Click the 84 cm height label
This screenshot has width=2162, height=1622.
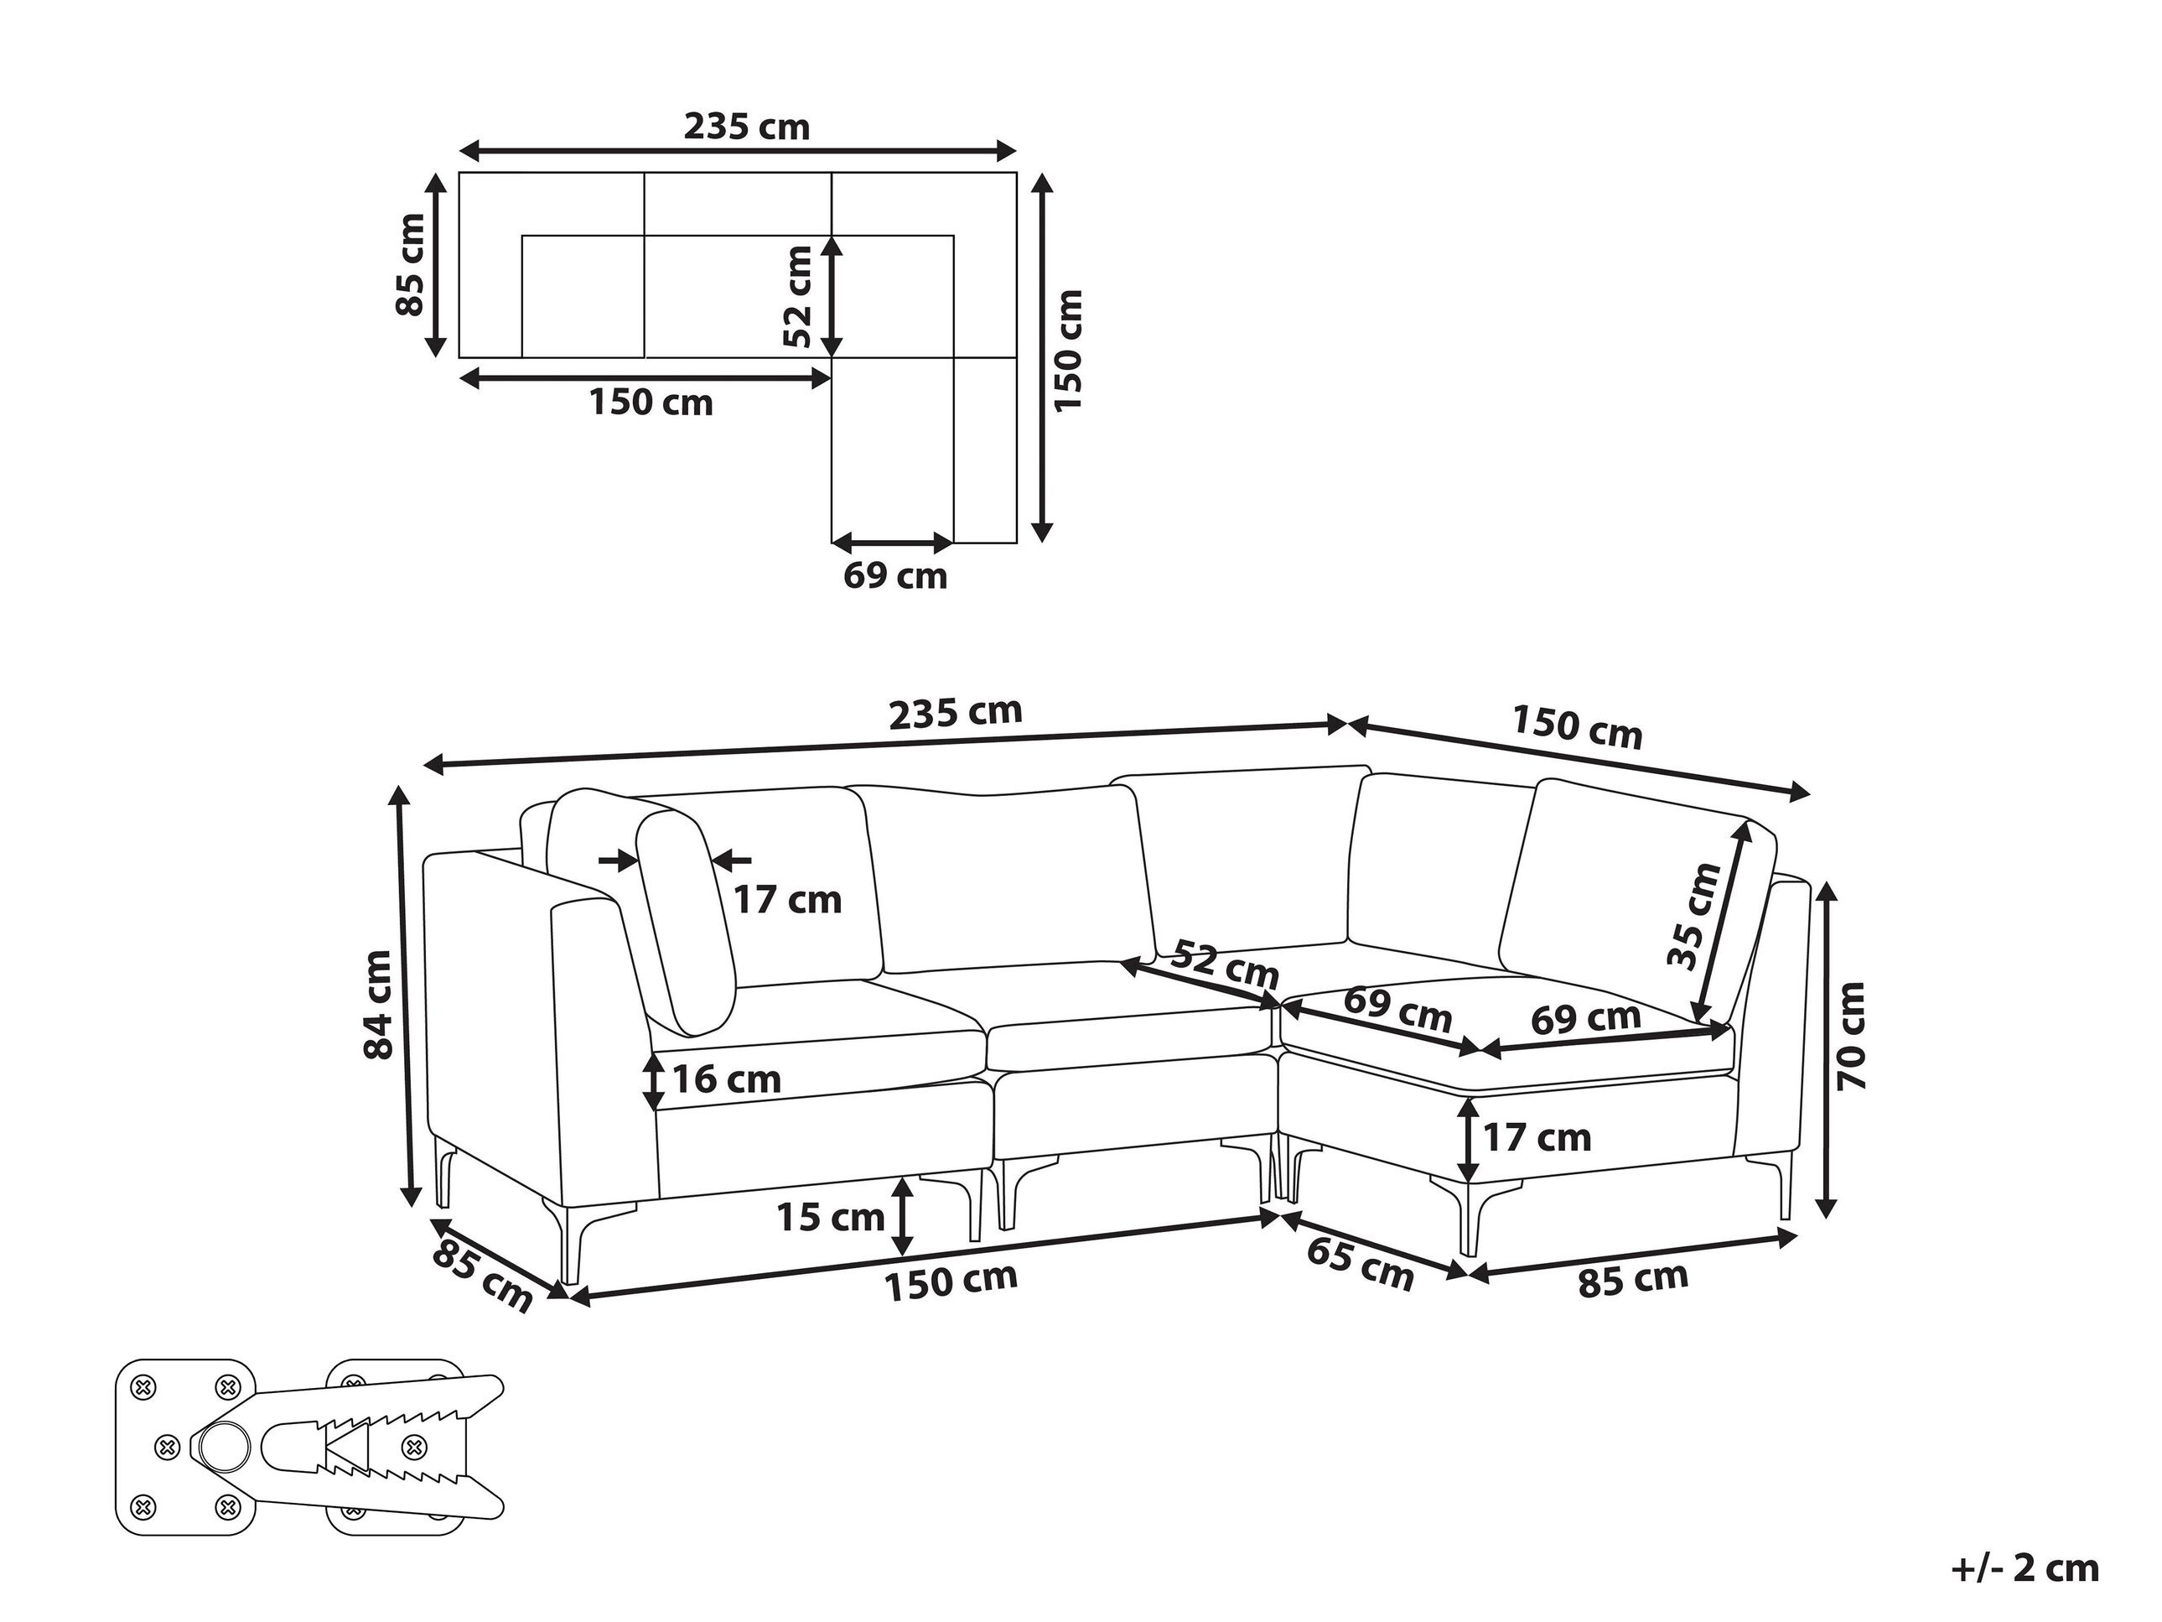pos(378,1003)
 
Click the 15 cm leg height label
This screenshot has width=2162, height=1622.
pos(831,1217)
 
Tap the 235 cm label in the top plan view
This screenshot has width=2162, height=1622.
pos(747,127)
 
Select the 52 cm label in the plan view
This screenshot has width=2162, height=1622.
pos(799,296)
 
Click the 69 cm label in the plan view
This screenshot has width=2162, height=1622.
pos(895,576)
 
